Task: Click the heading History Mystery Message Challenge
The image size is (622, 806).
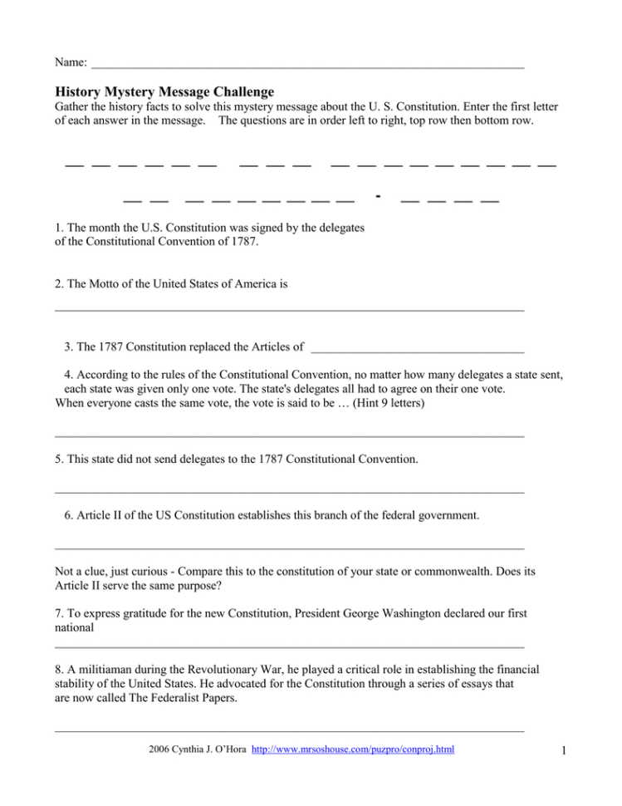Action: click(x=164, y=91)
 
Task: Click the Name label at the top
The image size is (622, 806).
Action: click(x=71, y=62)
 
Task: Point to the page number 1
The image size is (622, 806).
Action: click(x=562, y=752)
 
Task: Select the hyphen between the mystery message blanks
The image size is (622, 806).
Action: click(x=378, y=196)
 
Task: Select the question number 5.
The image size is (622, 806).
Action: click(x=59, y=459)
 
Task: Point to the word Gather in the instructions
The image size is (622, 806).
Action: click(x=73, y=107)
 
